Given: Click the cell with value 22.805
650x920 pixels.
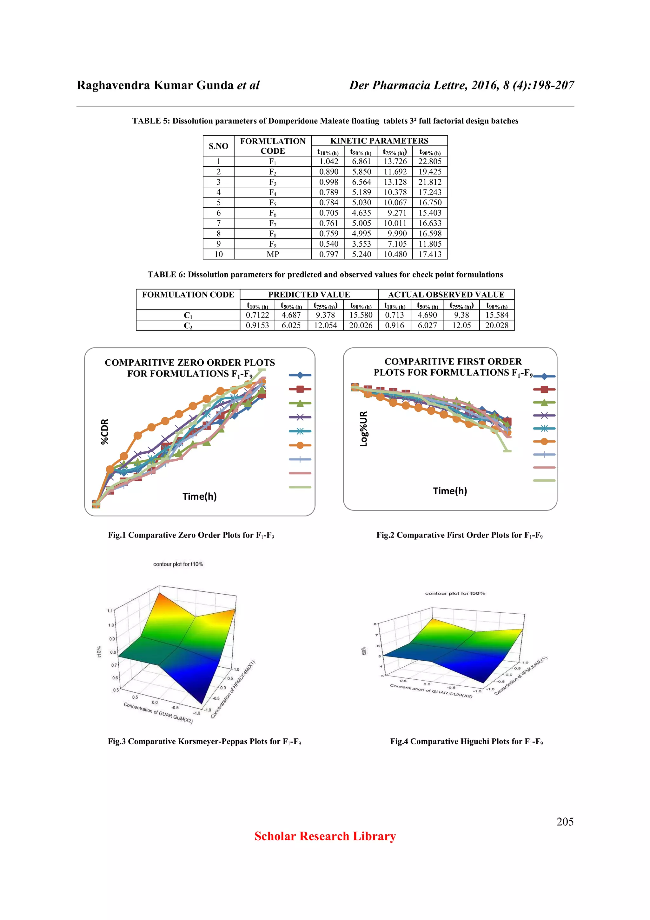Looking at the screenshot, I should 429,162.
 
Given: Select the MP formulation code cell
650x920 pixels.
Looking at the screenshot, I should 272,254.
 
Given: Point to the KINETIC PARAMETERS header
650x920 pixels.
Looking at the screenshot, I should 379,141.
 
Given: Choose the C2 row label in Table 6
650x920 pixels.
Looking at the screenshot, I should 188,326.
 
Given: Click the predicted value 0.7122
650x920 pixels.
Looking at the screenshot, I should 257,315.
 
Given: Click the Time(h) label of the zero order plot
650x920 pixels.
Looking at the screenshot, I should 199,497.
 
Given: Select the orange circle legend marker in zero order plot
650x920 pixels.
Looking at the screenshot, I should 300,445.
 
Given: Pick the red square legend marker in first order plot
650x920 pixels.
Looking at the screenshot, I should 544,389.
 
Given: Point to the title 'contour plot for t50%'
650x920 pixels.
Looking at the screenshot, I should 454,593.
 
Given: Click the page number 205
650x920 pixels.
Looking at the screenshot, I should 565,822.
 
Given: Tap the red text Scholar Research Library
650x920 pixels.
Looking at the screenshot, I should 325,836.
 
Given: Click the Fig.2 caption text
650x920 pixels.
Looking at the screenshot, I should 459,535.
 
